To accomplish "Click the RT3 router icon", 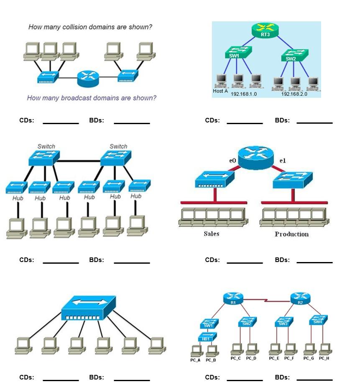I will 265,30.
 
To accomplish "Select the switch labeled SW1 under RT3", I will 237,53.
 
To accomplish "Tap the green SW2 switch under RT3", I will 294,55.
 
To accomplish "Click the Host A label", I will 220,91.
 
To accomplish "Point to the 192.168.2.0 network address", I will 294,94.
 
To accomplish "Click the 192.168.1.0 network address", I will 244,94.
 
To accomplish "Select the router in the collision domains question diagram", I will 88,78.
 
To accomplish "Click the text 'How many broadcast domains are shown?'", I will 92,98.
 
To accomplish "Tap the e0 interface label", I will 232,160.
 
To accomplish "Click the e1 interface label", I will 283,160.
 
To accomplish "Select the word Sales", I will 211,234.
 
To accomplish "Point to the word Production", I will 291,234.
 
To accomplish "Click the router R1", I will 233,299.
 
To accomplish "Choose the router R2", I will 300,299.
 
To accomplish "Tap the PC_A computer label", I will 195,360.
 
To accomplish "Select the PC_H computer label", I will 324,358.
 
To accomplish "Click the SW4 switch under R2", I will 318,321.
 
